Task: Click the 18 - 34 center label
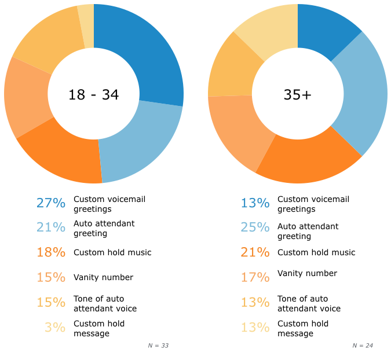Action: pos(94,95)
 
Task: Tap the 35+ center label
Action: pos(298,95)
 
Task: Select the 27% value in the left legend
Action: pos(51,203)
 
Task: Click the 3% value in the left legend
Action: pos(55,328)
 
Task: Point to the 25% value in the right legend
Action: pos(255,227)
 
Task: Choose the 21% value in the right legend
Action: pos(255,252)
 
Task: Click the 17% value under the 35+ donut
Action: pos(255,277)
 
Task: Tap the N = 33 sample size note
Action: pos(158,346)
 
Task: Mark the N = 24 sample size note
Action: pos(363,346)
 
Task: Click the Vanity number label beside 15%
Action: pos(103,277)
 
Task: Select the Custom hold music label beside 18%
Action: pos(112,252)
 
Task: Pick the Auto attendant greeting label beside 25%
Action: pos(308,231)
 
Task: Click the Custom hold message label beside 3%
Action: pos(99,328)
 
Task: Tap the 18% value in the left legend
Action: pos(51,252)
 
